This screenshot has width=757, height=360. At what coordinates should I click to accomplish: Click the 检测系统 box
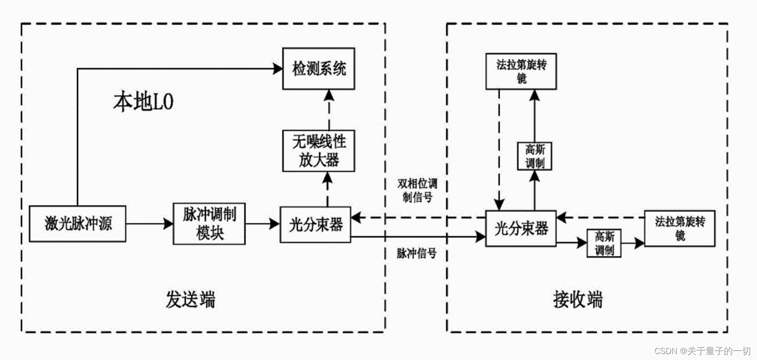pos(318,69)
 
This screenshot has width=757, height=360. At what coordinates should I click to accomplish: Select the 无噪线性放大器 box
pos(318,151)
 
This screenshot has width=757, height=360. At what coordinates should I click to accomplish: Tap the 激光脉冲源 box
pos(77,223)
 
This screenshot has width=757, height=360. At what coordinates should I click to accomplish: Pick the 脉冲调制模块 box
pos(209,223)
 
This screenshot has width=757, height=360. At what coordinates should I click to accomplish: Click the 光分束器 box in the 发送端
pos(315,224)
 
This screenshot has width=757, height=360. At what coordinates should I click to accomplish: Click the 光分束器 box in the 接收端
pos(521,228)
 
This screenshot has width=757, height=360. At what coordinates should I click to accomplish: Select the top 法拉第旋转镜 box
pos(521,71)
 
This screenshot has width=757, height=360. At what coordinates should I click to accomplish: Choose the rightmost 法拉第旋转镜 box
pos(679,228)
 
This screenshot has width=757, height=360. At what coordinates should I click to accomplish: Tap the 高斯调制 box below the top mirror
pos(534,156)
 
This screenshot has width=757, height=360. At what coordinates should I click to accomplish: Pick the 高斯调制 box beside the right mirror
pos(604,243)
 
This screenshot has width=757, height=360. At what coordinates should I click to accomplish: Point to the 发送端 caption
pos(190,299)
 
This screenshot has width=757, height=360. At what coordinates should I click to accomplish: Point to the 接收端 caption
pos(578,299)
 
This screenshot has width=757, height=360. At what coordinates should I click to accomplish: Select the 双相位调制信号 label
pos(417,190)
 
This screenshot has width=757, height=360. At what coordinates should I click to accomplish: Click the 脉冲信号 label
pos(416,253)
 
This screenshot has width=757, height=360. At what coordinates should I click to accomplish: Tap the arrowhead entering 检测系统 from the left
pos(278,69)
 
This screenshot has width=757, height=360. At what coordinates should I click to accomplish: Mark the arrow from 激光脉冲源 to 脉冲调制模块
pos(149,224)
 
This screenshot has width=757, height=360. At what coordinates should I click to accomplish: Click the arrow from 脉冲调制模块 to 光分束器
pos(262,224)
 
